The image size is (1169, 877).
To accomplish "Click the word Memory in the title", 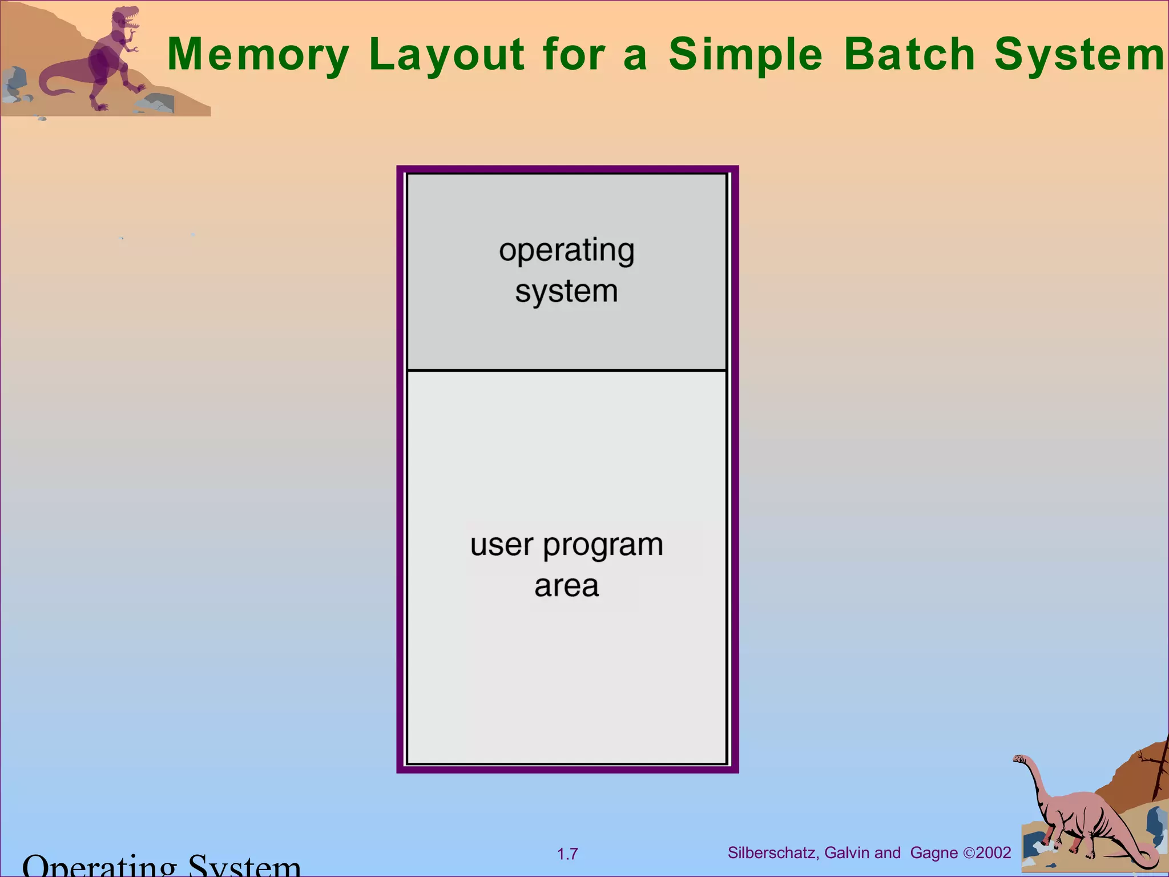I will point(258,55).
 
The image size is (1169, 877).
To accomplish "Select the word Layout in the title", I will point(447,55).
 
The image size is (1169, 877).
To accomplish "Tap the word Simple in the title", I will point(745,55).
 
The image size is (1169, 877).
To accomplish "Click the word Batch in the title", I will point(909,55).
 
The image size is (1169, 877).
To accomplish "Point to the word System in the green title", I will point(1079,55).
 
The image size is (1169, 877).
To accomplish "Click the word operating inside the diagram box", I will point(566,251).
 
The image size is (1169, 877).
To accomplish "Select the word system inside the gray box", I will point(566,292).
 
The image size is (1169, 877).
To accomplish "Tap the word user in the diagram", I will point(501,545).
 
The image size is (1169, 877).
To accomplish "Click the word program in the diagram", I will point(603,546).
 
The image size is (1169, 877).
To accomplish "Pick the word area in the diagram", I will point(566,586).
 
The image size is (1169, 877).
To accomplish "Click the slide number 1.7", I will point(567,854).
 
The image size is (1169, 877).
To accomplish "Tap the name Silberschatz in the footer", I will point(773,853).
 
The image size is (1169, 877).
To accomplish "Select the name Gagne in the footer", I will point(934,853).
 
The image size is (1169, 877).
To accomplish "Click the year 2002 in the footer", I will point(993,853).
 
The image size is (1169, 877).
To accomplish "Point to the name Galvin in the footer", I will point(847,853).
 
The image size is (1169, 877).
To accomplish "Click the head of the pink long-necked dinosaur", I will point(1020,759).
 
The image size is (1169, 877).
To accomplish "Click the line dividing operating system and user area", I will point(566,371).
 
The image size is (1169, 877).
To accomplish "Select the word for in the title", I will point(574,55).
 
